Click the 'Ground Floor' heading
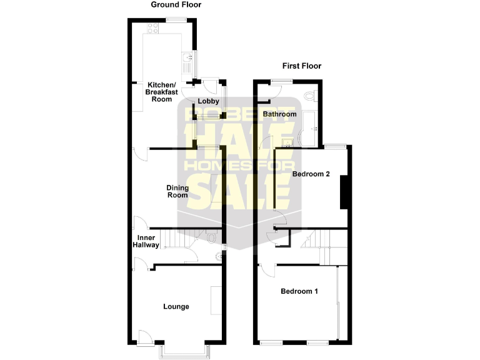pyautogui.click(x=176, y=5)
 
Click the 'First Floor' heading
pyautogui.click(x=301, y=66)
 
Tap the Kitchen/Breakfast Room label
pyautogui.click(x=162, y=92)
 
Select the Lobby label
pyautogui.click(x=207, y=101)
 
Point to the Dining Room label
pyautogui.click(x=177, y=191)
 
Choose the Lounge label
pyautogui.click(x=176, y=307)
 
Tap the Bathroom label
pyautogui.click(x=279, y=114)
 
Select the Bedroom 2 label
pyautogui.click(x=311, y=174)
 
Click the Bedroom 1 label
pyautogui.click(x=299, y=291)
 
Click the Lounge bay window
pyautogui.click(x=183, y=352)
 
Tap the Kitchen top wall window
pyautogui.click(x=176, y=20)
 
